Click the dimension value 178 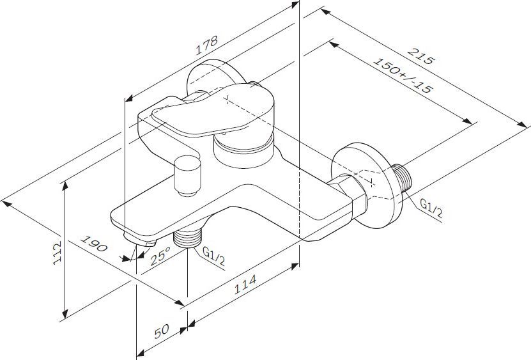point(208,47)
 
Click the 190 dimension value point(93,247)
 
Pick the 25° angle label point(160,256)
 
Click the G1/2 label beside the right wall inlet point(431,208)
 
